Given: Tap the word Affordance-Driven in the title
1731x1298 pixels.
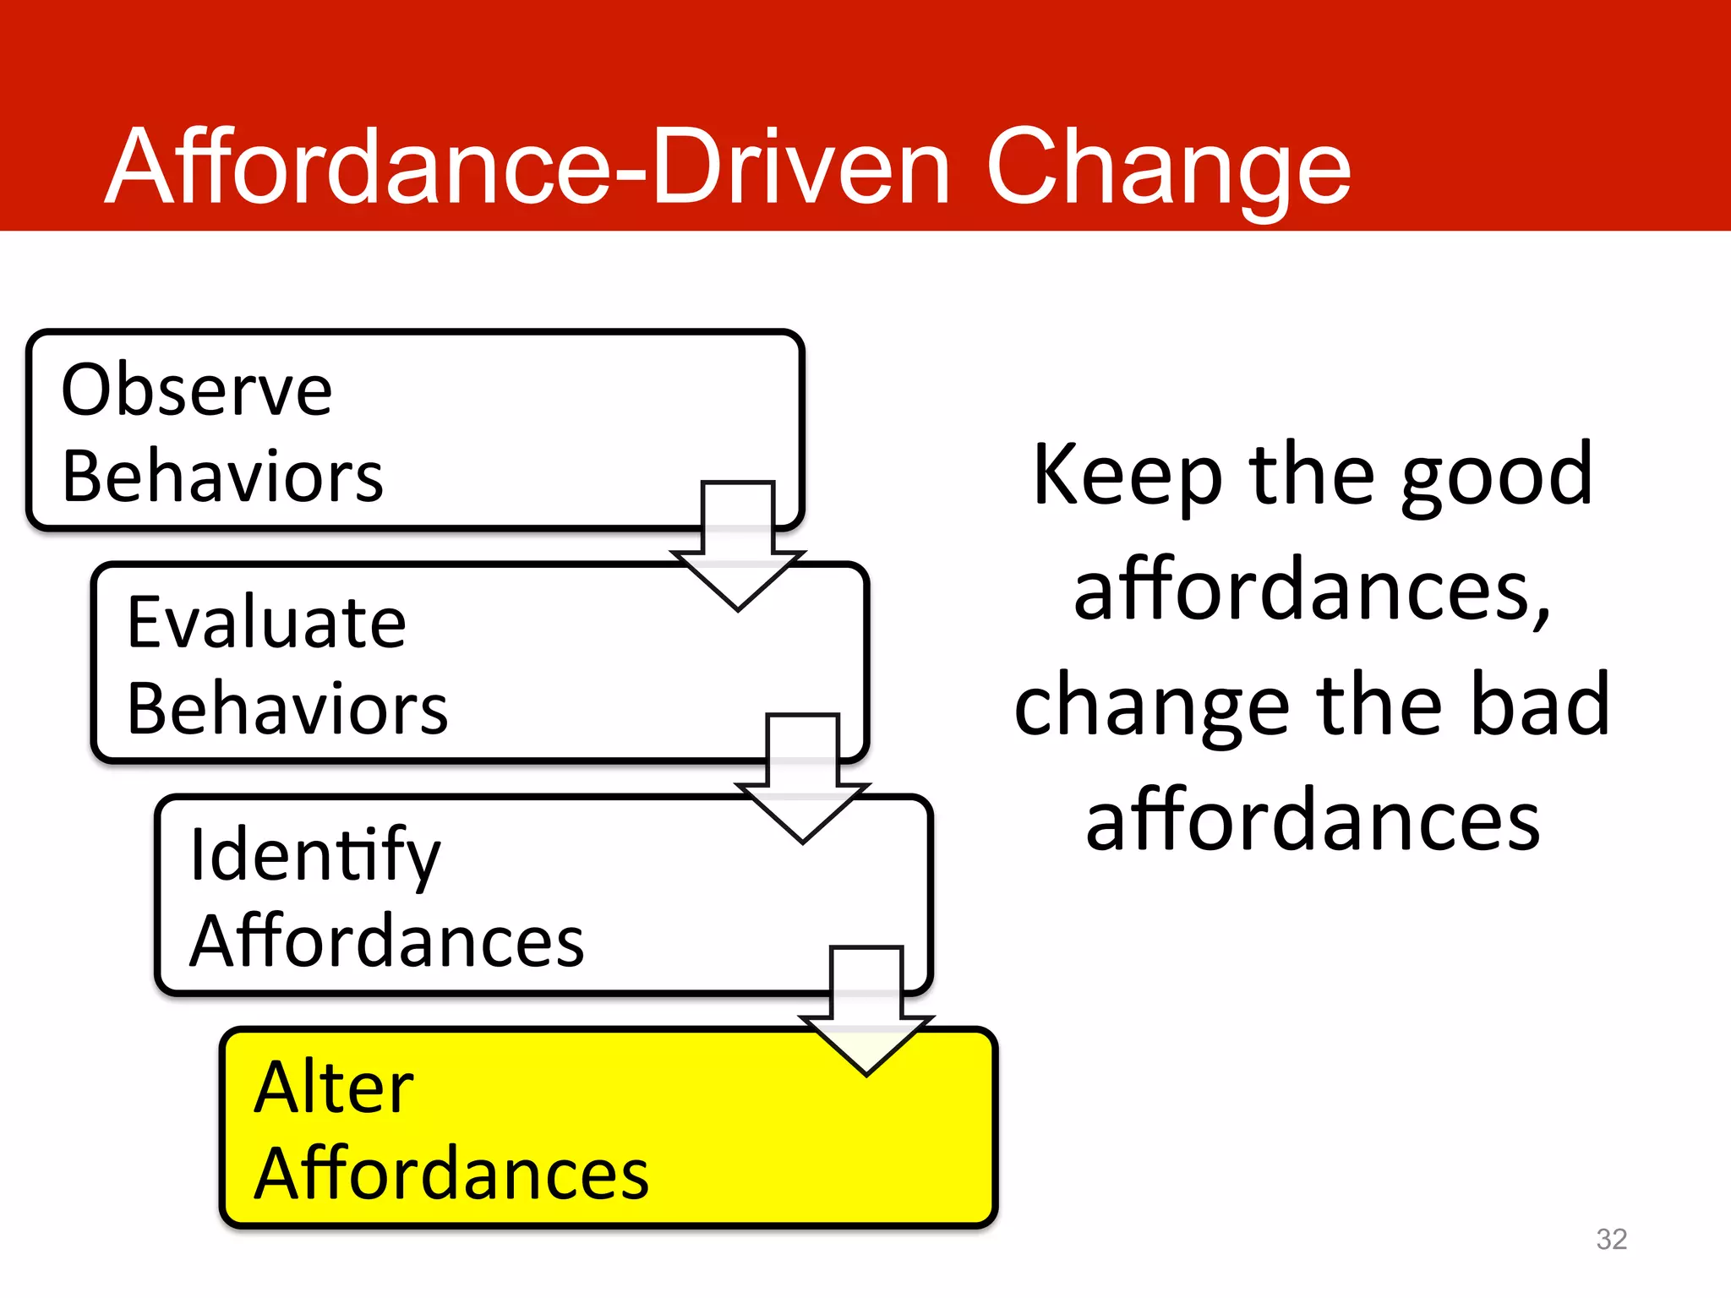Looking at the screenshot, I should click(x=528, y=167).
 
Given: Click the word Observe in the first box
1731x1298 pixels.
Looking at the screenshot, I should click(x=197, y=390).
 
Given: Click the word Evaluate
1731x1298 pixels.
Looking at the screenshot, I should click(x=266, y=623).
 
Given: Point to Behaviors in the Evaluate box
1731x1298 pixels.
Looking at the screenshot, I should click(x=287, y=709).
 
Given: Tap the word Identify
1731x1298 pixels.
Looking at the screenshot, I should click(x=314, y=856).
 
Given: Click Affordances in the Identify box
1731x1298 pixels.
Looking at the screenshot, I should click(x=386, y=941).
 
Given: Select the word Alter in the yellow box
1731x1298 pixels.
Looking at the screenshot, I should click(x=334, y=1088).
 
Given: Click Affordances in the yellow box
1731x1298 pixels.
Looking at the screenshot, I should click(x=451, y=1175).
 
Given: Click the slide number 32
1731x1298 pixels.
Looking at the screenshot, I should click(x=1611, y=1239).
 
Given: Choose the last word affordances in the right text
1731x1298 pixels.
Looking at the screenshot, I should click(x=1313, y=821).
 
